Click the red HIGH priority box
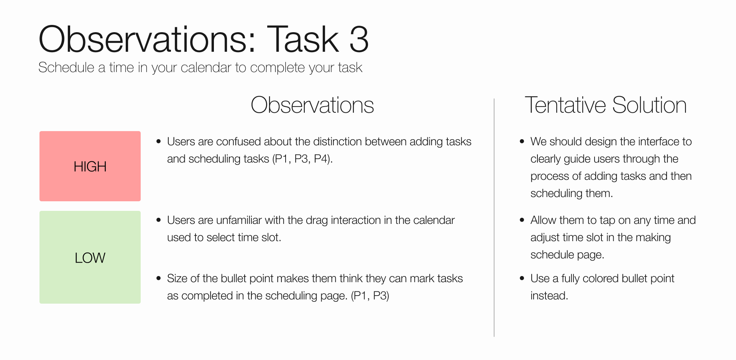pos(90,166)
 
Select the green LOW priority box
pos(90,257)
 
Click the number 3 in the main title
pos(359,39)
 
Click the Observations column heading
pos(312,105)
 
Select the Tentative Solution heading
pos(605,105)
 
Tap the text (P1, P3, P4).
pos(302,159)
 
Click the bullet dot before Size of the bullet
pos(159,278)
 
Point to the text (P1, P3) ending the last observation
pos(370,296)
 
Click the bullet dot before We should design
pos(522,141)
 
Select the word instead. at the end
pos(549,296)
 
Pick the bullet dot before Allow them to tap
pos(522,220)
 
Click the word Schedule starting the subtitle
pos(66,67)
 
